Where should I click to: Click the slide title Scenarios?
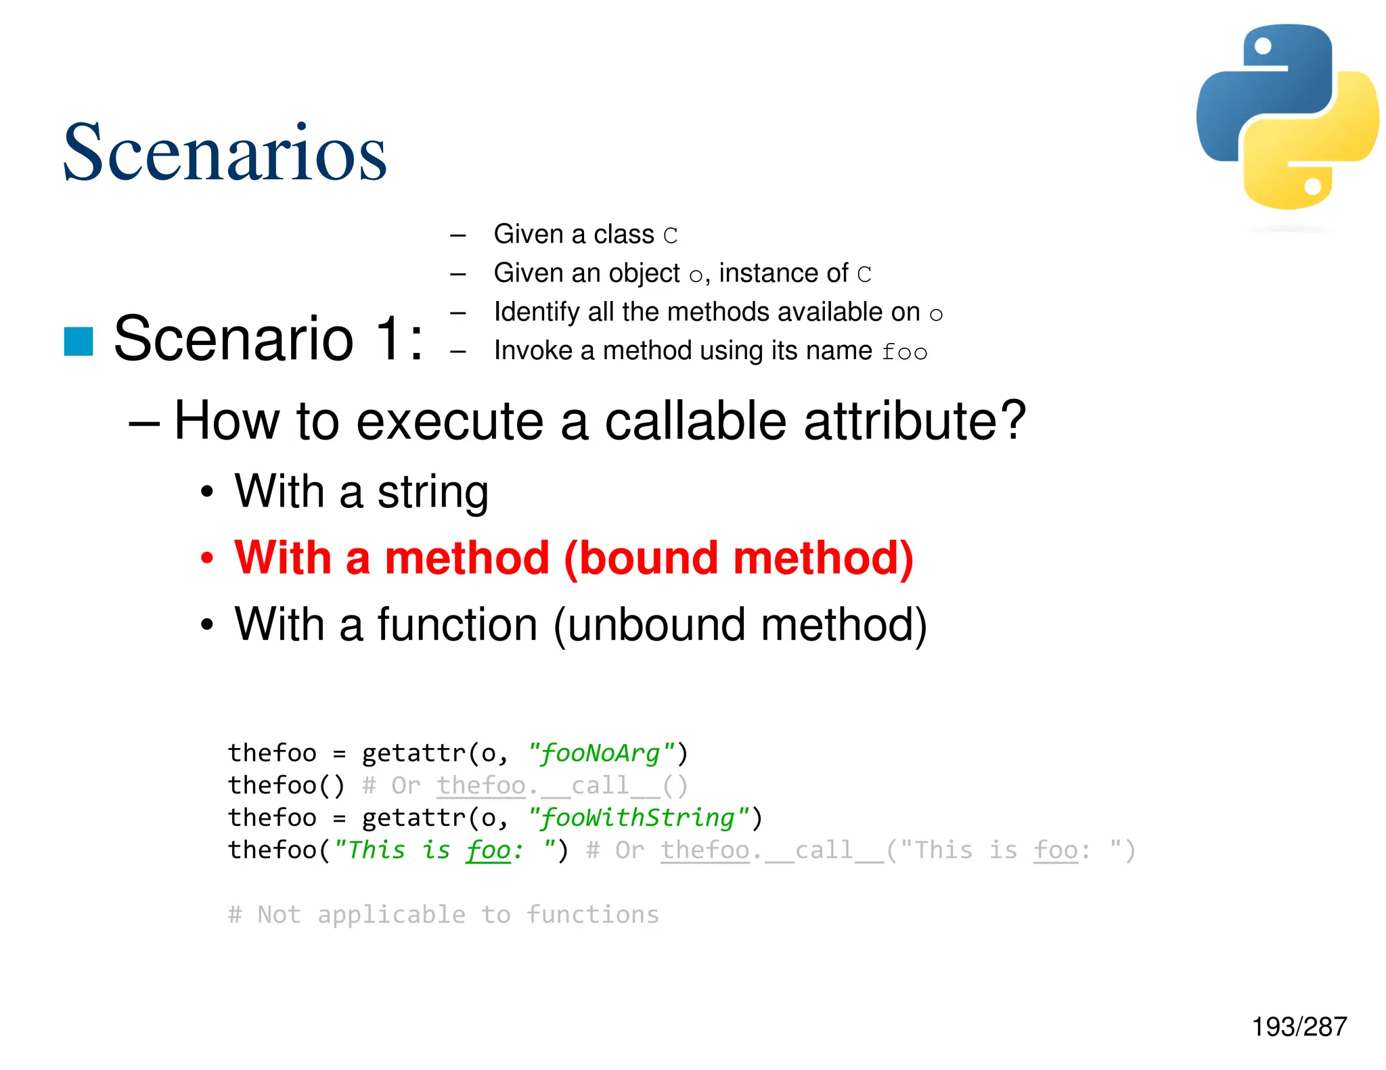(x=224, y=154)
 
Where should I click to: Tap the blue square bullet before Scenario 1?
(x=79, y=341)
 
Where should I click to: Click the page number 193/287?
(x=1299, y=1027)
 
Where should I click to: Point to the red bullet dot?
(x=207, y=559)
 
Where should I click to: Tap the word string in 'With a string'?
(x=432, y=492)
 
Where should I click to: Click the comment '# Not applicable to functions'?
(x=443, y=914)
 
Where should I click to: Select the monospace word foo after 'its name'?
(x=904, y=352)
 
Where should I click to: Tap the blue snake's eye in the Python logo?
(x=1263, y=46)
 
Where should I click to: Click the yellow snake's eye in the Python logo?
(x=1312, y=186)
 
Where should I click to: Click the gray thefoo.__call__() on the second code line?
(x=562, y=785)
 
